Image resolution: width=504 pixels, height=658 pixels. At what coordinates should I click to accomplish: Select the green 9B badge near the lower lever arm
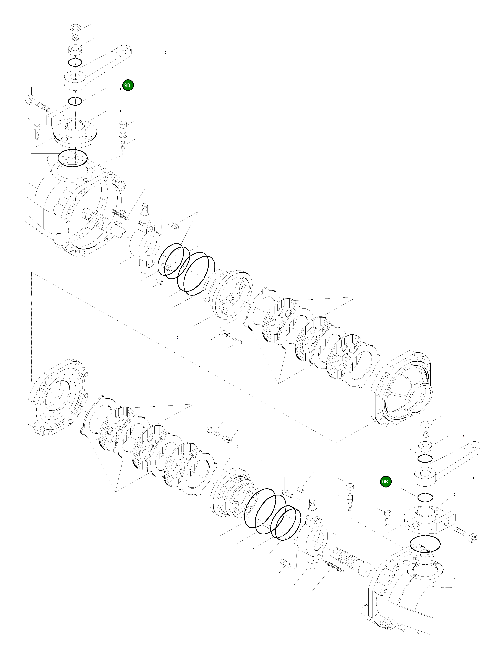pyautogui.click(x=385, y=482)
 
